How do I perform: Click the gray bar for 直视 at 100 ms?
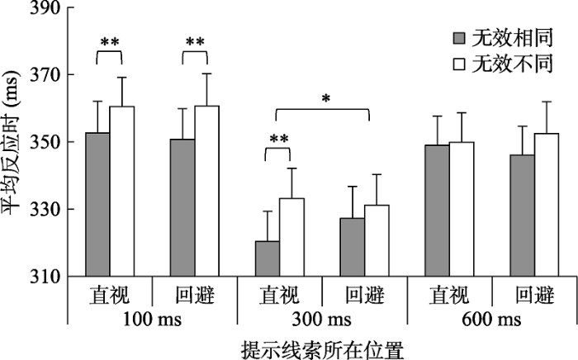tap(97, 204)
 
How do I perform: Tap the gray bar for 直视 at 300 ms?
tap(267, 258)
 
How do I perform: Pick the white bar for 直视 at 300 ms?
tap(291, 237)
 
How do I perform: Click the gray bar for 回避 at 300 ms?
tap(352, 247)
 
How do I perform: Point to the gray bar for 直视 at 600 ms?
tap(437, 211)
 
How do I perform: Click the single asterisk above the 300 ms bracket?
tap(326, 99)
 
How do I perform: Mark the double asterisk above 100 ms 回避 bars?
tap(195, 42)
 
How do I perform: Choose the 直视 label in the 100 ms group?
tap(110, 294)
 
